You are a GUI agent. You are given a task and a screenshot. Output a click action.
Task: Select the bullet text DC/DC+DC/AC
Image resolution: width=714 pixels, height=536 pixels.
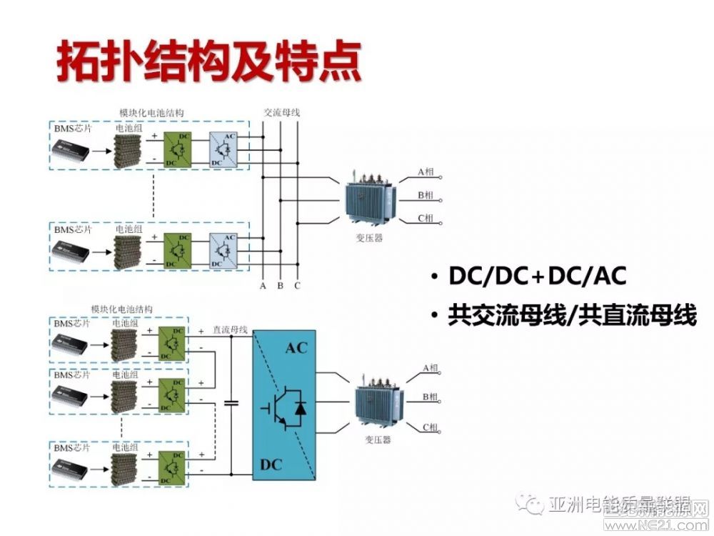pos(538,277)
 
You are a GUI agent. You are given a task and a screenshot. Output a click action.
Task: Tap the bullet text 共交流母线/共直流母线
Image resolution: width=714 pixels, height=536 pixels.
pos(572,316)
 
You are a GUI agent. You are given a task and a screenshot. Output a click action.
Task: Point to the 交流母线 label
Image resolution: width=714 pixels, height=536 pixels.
pos(281,112)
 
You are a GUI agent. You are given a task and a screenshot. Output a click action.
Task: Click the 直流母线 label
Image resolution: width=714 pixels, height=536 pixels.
pos(230,330)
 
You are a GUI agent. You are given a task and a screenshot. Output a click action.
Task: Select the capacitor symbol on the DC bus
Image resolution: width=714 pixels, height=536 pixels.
pos(231,404)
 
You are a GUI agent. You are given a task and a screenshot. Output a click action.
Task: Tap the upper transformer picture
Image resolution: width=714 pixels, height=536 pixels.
pos(368,201)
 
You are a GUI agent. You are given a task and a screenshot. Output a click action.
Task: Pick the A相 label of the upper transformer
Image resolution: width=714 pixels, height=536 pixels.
pos(426,172)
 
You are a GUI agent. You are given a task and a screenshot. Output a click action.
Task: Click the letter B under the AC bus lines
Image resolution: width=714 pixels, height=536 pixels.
pos(281,286)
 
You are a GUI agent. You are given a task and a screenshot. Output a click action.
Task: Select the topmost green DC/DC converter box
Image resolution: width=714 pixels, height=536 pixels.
pos(178,148)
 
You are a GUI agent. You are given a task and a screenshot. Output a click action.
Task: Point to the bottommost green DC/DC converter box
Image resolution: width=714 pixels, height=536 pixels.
pos(171,469)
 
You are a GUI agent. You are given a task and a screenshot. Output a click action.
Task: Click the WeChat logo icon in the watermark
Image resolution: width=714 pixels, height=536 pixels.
pos(533,505)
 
